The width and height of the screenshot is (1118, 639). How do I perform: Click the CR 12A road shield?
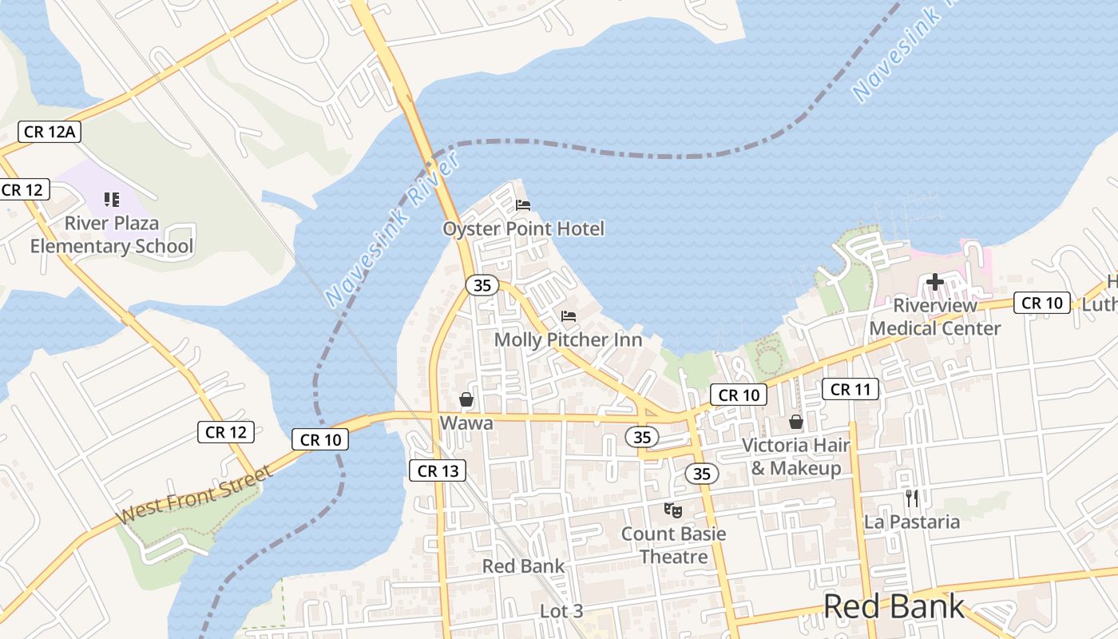50,131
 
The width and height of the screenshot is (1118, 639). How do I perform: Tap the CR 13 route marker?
438,470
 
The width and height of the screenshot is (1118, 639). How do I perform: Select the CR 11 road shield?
850,389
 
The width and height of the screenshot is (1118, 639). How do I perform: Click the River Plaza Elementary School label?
112,235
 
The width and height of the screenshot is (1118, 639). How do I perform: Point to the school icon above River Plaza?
112,200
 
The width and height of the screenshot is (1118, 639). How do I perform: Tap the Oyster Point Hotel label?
524,229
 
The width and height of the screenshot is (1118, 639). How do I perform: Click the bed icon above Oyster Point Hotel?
523,205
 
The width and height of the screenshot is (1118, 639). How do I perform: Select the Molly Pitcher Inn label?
569,339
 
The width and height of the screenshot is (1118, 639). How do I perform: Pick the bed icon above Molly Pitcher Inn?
569,316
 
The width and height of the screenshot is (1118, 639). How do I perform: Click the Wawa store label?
466,423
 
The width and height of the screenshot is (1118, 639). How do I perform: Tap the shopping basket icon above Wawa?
466,399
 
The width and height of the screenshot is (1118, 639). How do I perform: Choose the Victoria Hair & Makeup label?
796,456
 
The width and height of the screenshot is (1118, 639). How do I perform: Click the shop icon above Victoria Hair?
796,422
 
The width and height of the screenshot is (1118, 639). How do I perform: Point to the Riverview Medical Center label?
935,317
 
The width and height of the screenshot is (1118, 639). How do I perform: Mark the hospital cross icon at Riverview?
935,282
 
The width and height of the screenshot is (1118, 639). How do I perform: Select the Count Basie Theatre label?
674,545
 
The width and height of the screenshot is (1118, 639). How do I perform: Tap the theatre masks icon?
673,509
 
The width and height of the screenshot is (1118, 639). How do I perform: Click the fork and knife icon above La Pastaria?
912,498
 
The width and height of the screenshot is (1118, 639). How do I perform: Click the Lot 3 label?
561,612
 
